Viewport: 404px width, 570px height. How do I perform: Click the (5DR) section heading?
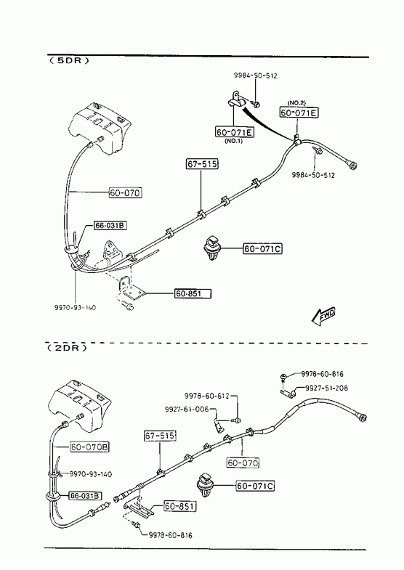[69, 60]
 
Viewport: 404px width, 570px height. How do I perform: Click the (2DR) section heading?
[68, 348]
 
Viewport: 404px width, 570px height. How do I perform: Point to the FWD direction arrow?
[323, 317]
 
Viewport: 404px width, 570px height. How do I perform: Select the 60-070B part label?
[90, 447]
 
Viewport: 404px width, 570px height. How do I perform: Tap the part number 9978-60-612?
[206, 396]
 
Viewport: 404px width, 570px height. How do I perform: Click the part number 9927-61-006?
[187, 410]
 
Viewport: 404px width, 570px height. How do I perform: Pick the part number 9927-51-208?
[326, 388]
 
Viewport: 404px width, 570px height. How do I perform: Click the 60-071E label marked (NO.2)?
[299, 113]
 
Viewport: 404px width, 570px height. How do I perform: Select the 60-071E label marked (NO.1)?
[235, 131]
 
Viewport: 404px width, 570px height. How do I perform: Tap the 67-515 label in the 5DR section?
[202, 164]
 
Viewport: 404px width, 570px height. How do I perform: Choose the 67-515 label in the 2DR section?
[160, 436]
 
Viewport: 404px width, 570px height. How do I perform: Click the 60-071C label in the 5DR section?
[262, 249]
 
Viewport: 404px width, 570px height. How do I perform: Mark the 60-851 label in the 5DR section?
[193, 293]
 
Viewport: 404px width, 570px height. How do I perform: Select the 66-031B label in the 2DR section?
[86, 495]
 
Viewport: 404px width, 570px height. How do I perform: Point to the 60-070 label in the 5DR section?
[126, 192]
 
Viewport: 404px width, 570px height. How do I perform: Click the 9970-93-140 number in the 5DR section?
[76, 308]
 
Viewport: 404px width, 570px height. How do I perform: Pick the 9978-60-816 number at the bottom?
[170, 535]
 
